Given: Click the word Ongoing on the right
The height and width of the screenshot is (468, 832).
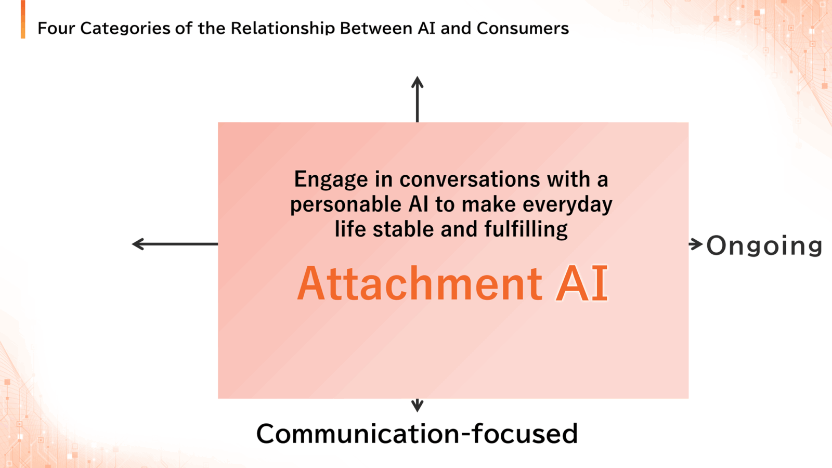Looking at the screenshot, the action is pyautogui.click(x=764, y=245).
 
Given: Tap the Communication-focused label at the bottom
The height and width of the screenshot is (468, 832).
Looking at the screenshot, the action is pyautogui.click(x=417, y=434).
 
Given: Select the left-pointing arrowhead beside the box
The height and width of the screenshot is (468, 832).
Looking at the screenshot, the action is pyautogui.click(x=138, y=244).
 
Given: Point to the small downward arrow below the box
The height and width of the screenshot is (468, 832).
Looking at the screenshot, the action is pyautogui.click(x=418, y=405).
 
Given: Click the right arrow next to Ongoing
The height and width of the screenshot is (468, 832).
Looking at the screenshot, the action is pyautogui.click(x=695, y=244).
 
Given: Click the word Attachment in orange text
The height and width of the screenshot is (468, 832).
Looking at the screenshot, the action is pyautogui.click(x=420, y=283).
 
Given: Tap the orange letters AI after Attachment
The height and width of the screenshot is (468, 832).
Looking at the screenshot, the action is pyautogui.click(x=582, y=283).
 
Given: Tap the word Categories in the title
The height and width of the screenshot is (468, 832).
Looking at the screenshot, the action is pyautogui.click(x=125, y=29).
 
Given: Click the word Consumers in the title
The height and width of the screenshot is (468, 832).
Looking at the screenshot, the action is pyautogui.click(x=523, y=28).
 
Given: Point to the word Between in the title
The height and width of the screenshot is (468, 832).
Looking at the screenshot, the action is pyautogui.click(x=376, y=28).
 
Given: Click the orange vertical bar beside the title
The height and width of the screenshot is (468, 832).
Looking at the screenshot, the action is pyautogui.click(x=23, y=19).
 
